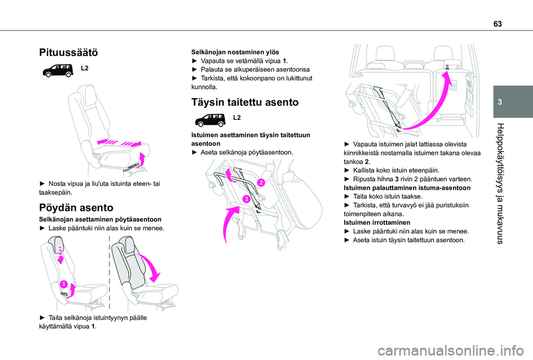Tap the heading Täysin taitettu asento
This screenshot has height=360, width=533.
pyautogui.click(x=245, y=102)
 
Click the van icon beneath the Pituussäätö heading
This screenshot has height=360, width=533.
pyautogui.click(x=57, y=70)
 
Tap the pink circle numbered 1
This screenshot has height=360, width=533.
pyautogui.click(x=64, y=285)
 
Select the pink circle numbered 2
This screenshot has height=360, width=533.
pyautogui.click(x=260, y=182)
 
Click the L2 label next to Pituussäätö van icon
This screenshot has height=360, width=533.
pyautogui.click(x=85, y=68)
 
